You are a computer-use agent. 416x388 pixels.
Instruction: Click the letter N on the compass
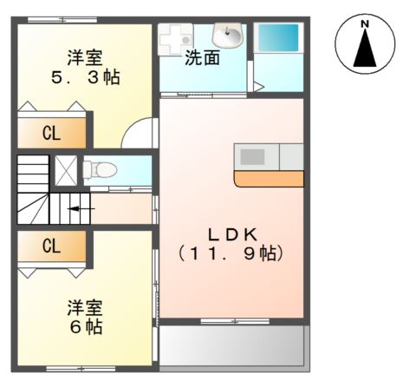[365, 24]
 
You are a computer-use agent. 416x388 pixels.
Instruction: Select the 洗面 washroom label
[203, 57]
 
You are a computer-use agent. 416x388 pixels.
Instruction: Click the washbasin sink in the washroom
[227, 36]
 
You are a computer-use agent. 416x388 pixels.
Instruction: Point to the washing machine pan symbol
[175, 39]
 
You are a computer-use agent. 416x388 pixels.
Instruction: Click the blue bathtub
[278, 38]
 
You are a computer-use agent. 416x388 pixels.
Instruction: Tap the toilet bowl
[101, 170]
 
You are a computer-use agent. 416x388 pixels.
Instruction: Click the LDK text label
[232, 235]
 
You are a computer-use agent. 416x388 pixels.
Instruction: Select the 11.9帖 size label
[231, 253]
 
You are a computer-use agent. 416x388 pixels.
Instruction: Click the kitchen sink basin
[253, 157]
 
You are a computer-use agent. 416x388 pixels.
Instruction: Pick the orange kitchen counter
[270, 179]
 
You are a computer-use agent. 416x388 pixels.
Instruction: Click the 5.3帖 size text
[86, 77]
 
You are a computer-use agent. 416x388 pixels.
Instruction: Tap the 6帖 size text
[86, 327]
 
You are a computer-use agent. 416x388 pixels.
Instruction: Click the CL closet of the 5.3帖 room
[52, 133]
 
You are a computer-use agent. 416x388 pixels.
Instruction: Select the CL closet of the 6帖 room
[52, 247]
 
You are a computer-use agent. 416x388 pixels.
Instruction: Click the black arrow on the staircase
[81, 208]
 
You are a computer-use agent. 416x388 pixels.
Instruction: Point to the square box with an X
[66, 171]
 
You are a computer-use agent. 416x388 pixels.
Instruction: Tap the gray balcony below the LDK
[231, 345]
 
